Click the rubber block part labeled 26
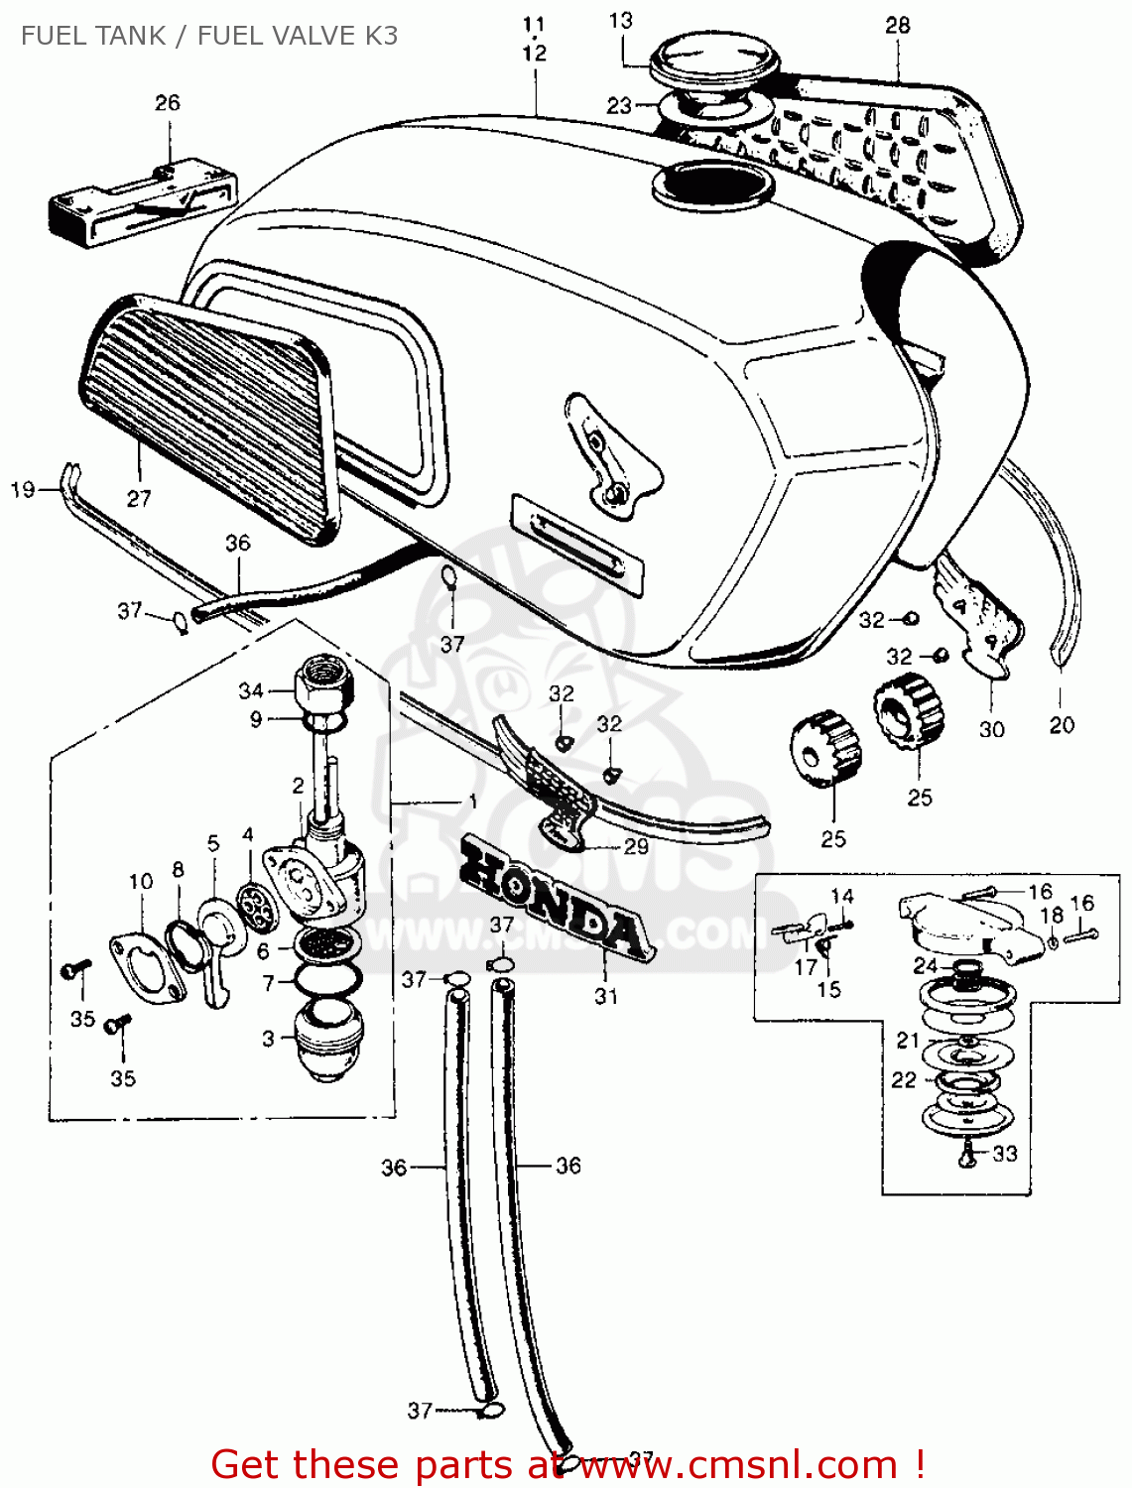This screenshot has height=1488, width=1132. tap(144, 203)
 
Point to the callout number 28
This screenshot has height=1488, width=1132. tap(897, 26)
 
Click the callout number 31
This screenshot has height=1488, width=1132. tap(606, 996)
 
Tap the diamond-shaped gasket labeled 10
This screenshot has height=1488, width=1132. tap(147, 962)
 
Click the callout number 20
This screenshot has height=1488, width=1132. tap(1062, 725)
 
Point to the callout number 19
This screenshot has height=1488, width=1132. tap(23, 489)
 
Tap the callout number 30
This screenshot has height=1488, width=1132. tap(991, 729)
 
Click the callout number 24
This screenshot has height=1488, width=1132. tap(925, 965)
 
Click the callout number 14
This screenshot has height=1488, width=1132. tap(841, 896)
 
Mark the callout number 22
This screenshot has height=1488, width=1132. tap(903, 1079)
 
